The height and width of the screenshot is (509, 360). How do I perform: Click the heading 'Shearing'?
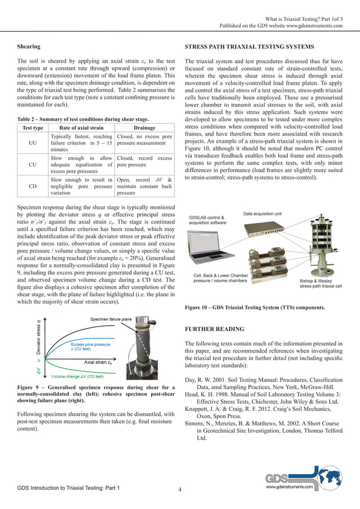29,47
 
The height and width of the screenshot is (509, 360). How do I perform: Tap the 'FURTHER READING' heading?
214,329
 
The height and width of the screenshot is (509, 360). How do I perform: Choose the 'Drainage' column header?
144,128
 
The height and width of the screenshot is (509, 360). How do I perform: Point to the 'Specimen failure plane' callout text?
110,320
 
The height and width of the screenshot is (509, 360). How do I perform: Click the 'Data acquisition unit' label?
266,214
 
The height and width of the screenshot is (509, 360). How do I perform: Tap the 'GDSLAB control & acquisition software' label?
208,220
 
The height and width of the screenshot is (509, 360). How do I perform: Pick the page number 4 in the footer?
179,489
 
